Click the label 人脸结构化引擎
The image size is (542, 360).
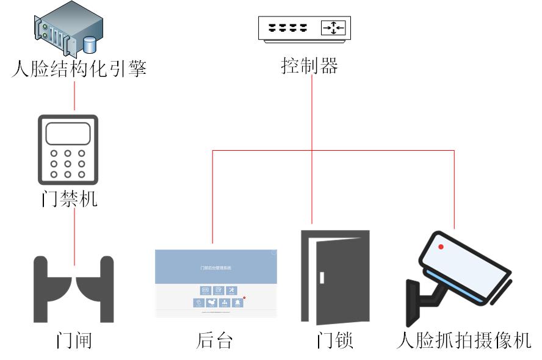tap(79, 67)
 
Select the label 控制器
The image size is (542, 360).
tap(309, 65)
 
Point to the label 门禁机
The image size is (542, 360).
tap(69, 199)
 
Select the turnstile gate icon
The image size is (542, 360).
tap(74, 289)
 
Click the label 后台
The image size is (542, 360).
tap(215, 339)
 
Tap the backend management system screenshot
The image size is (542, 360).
tap(215, 283)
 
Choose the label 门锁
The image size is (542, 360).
tap(335, 339)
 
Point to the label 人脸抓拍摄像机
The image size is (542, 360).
tap(463, 339)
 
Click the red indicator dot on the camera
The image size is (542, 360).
tap(440, 247)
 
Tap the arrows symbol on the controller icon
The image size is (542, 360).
tap(333, 28)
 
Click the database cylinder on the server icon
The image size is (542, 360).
tap(91, 44)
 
